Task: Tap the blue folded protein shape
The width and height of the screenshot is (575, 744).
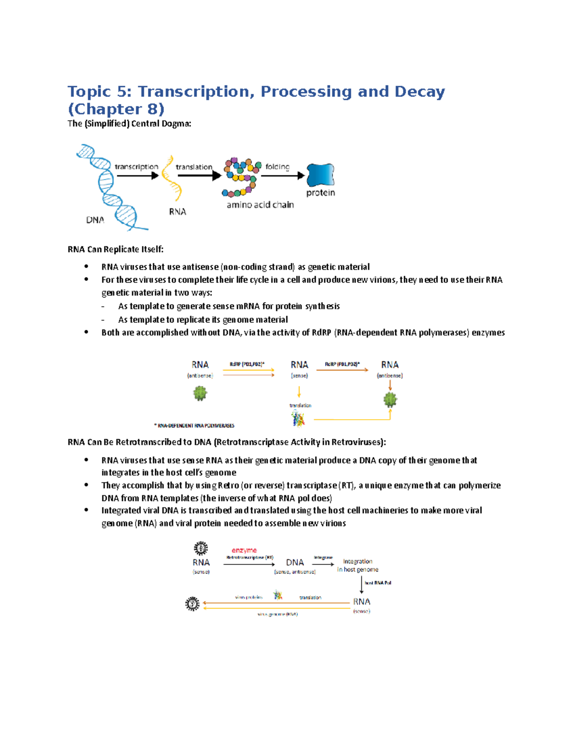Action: (320, 175)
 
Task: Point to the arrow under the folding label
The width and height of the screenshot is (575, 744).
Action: (283, 176)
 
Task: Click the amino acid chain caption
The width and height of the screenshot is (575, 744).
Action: (260, 205)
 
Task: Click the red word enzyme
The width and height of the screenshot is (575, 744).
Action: (244, 550)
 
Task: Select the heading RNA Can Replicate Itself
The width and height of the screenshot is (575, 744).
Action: (115, 249)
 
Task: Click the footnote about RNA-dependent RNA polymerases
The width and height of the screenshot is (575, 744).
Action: (194, 425)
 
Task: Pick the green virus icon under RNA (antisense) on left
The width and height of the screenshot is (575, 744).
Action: (200, 394)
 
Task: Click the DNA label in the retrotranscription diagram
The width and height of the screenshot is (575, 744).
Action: (295, 562)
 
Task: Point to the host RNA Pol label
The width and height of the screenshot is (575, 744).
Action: (378, 583)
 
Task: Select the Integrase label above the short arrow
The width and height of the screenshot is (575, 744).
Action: (323, 558)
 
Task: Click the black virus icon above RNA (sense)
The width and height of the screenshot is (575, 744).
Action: (201, 548)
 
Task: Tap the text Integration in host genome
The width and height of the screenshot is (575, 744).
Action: (357, 565)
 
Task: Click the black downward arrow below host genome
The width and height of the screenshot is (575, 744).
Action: (361, 585)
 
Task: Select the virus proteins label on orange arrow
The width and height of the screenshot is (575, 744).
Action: (249, 597)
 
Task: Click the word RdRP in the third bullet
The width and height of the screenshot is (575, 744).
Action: (321, 332)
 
